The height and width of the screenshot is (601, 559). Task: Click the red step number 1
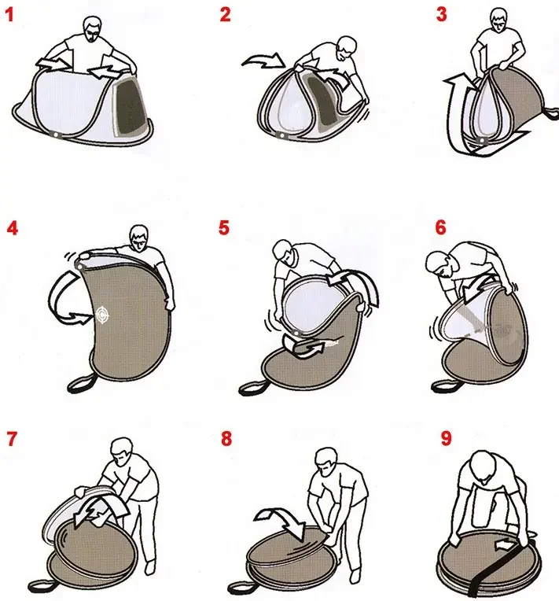click(x=9, y=16)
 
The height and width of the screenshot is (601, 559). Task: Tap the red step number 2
click(x=226, y=15)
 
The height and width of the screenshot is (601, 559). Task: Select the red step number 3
click(x=441, y=15)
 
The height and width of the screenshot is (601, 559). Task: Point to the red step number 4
click(x=13, y=228)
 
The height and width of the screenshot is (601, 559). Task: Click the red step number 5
click(x=224, y=227)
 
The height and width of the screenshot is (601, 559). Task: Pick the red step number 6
click(x=440, y=227)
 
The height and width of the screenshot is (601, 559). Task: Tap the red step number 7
click(x=12, y=439)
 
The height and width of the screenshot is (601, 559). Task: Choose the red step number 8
click(x=226, y=438)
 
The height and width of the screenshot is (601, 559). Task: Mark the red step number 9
click(x=447, y=438)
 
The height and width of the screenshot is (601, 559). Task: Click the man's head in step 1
click(x=94, y=29)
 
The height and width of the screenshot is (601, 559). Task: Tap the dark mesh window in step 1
click(x=131, y=104)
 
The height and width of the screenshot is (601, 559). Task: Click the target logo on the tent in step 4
click(x=102, y=315)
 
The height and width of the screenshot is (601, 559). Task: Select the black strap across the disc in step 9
click(x=501, y=566)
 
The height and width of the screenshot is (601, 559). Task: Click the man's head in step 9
click(x=484, y=466)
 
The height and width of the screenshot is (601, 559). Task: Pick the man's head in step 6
click(x=440, y=264)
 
